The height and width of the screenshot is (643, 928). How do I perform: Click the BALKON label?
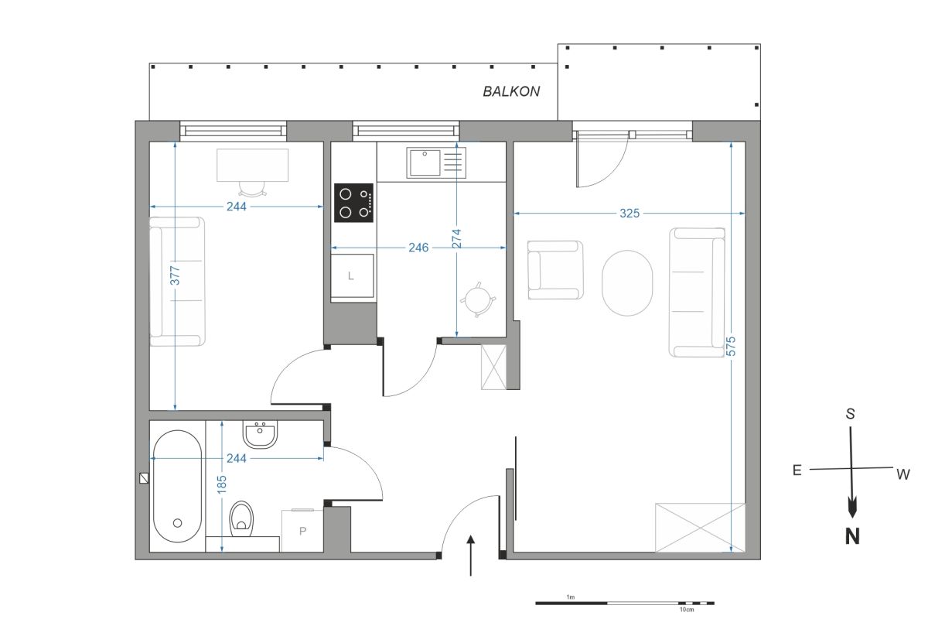coord(511,91)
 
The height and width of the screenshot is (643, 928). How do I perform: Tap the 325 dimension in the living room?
coord(629,214)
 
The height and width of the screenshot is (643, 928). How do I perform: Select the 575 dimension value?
coord(732,346)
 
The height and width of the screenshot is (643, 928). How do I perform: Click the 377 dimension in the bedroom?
coord(176,275)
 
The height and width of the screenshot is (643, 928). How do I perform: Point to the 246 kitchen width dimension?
coord(418,248)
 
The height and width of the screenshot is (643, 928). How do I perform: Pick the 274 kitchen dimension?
coord(456,239)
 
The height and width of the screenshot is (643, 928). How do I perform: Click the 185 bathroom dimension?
coord(222,484)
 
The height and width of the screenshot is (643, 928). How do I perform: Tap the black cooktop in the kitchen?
coord(354,203)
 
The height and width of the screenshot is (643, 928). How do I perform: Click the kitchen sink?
coord(436,162)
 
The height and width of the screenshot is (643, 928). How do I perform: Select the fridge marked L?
coord(352,275)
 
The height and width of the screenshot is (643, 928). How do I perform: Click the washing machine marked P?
coord(302,531)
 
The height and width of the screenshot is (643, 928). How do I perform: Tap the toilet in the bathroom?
coord(241,519)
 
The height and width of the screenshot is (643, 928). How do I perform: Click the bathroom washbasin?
coord(260,435)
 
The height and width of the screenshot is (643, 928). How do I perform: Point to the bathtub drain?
coord(177,523)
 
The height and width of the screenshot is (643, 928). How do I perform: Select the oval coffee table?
coord(627,283)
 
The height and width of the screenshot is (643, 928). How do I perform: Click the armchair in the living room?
coord(555,270)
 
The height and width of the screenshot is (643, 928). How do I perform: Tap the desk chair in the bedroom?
coord(252,189)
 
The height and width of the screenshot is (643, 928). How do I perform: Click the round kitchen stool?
coord(478,299)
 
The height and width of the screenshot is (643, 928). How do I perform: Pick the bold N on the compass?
coord(852,536)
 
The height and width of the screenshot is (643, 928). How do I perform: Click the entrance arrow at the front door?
coord(470,556)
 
